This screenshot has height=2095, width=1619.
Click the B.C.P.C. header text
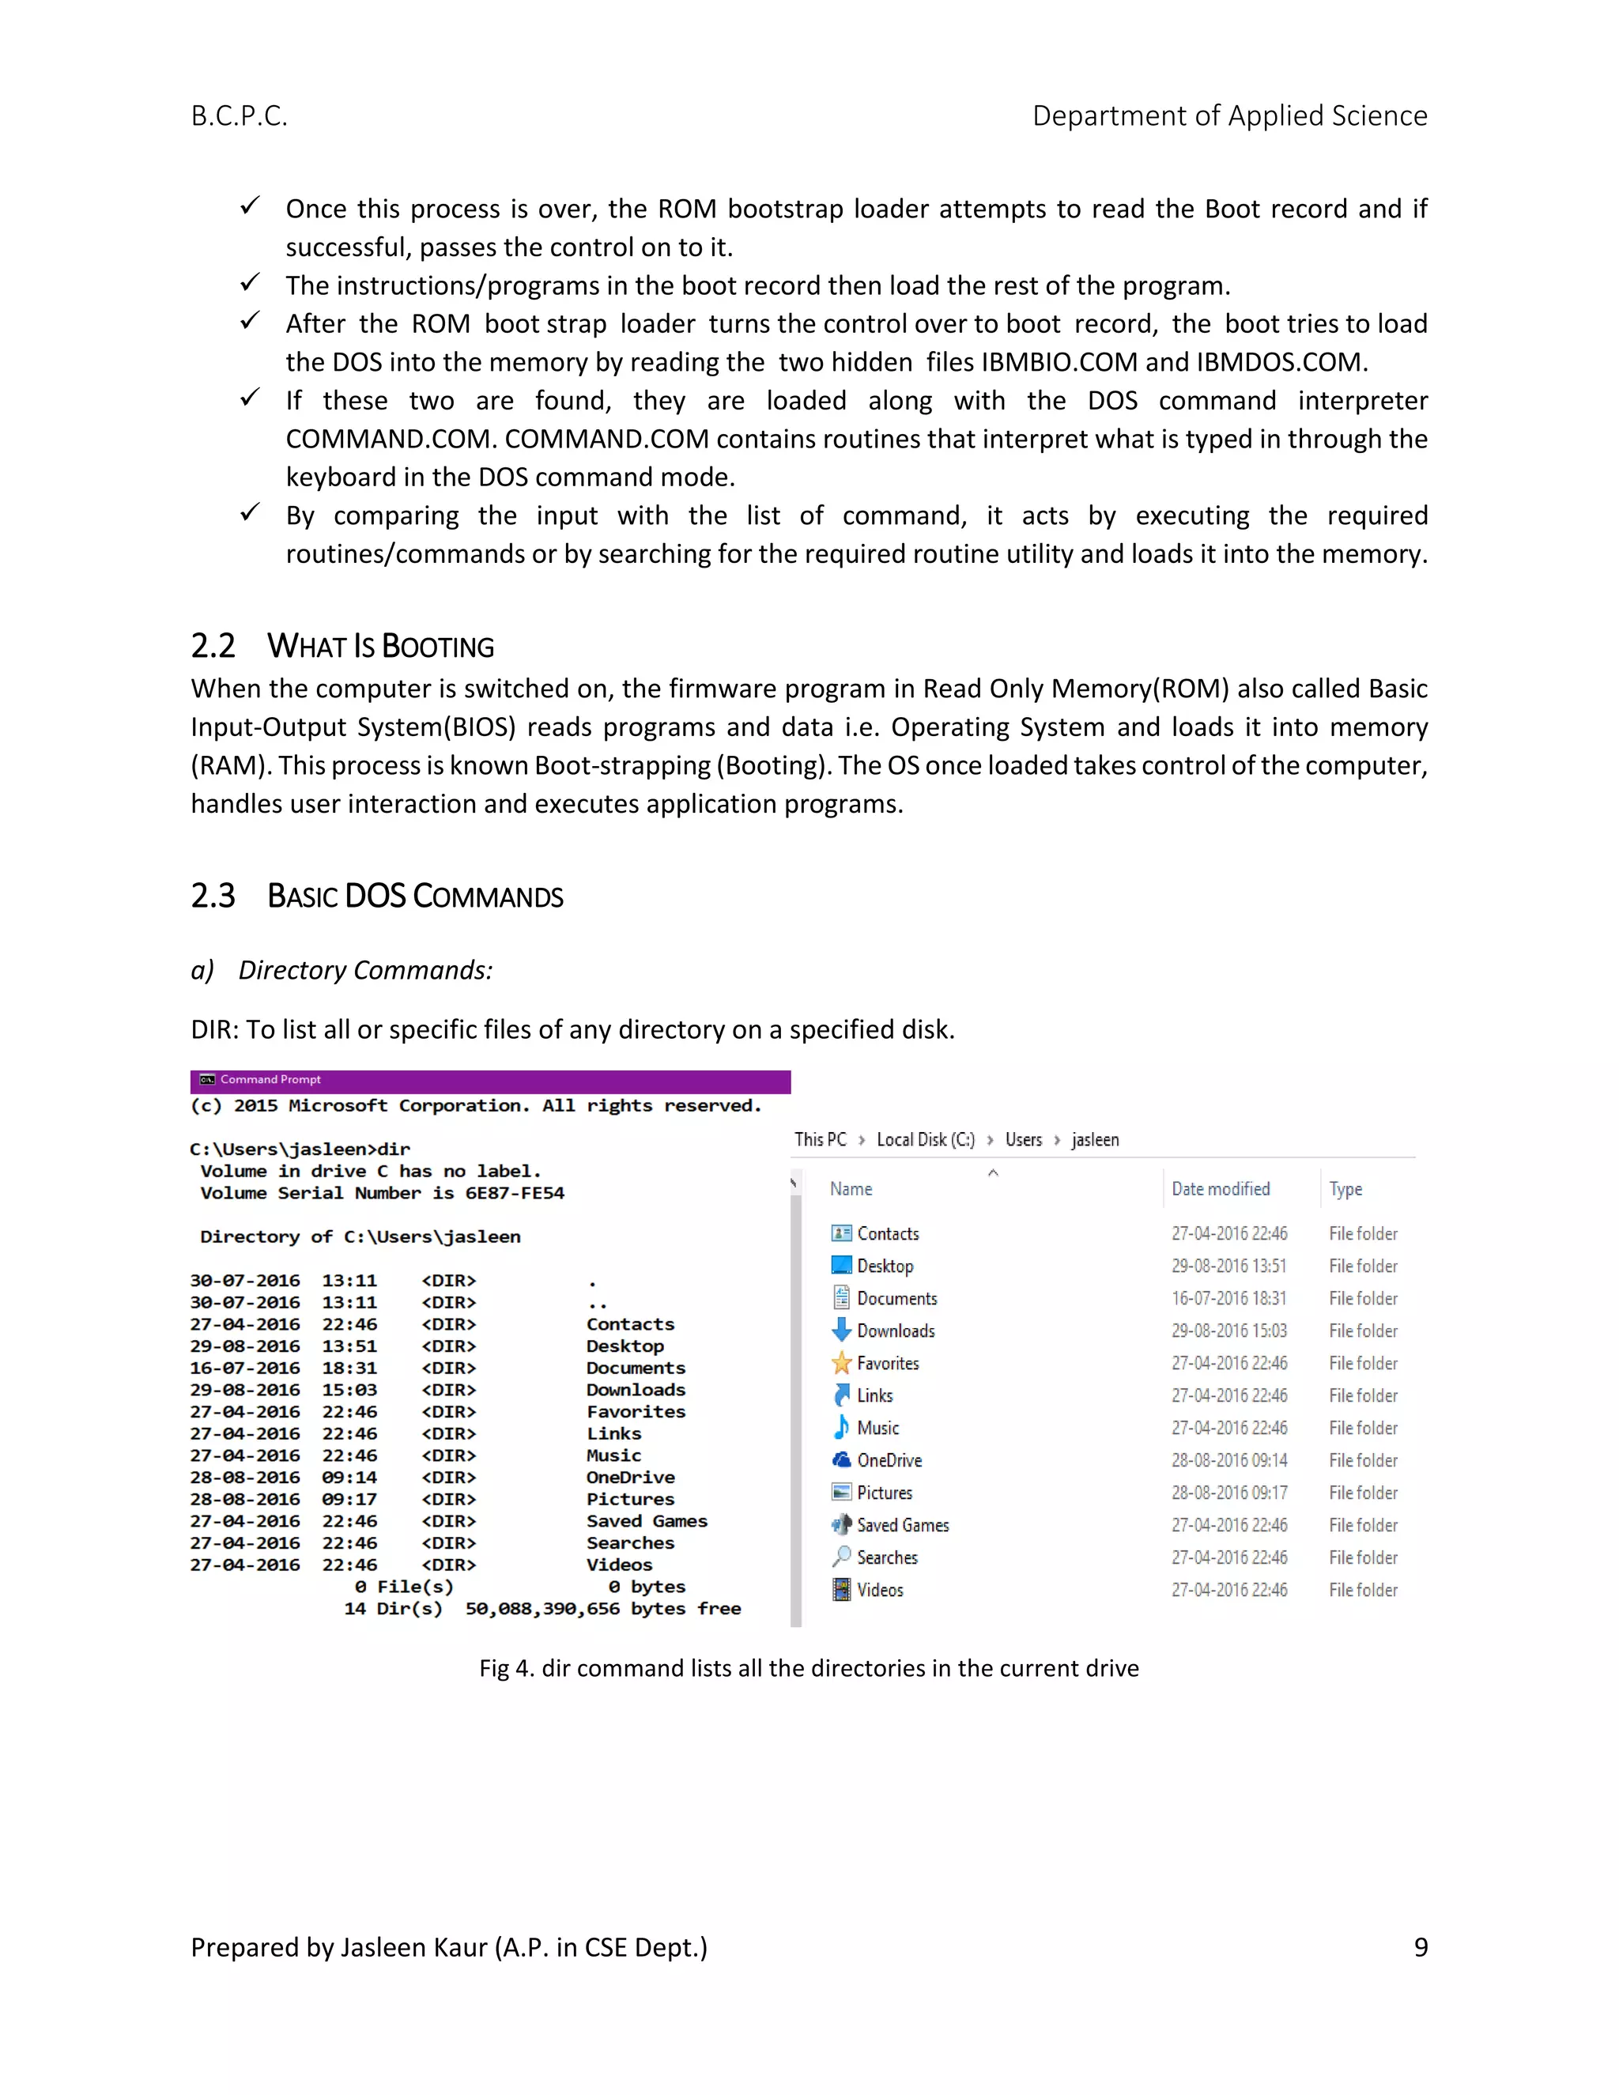[239, 116]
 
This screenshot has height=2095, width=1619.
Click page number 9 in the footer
[1421, 1947]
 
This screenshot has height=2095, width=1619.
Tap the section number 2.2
[213, 646]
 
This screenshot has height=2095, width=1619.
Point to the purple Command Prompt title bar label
[270, 1080]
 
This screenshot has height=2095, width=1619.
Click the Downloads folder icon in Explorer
[841, 1331]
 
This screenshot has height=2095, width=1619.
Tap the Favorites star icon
[841, 1363]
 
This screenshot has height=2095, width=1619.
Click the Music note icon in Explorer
[841, 1427]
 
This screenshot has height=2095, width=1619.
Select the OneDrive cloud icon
[841, 1460]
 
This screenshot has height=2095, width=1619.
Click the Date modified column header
[1220, 1190]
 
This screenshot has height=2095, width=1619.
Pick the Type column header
[1345, 1190]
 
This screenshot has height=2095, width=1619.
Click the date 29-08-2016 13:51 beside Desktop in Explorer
[1228, 1266]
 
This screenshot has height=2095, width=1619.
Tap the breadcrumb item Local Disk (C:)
[925, 1139]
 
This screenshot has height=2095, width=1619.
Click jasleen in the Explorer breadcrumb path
[1094, 1139]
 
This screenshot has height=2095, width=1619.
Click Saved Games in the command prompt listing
[647, 1521]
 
